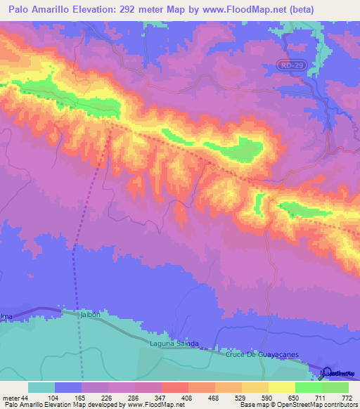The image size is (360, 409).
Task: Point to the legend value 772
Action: (x=347, y=398)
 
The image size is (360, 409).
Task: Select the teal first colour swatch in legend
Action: (x=41, y=387)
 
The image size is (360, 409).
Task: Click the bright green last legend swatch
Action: (x=335, y=387)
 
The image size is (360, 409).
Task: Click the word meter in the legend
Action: (x=11, y=398)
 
